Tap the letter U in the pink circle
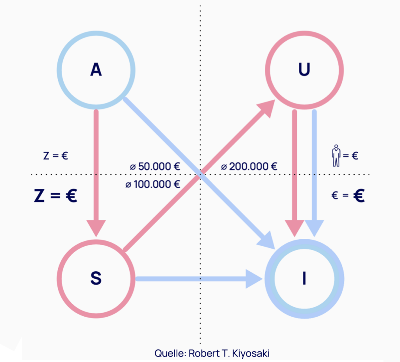[304, 70]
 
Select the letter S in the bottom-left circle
[96, 278]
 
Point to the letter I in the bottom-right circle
[304, 278]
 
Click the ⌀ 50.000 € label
[155, 167]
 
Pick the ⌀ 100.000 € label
[153, 184]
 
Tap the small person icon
[336, 156]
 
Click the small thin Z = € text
[55, 156]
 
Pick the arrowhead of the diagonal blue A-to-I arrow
[266, 239]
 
